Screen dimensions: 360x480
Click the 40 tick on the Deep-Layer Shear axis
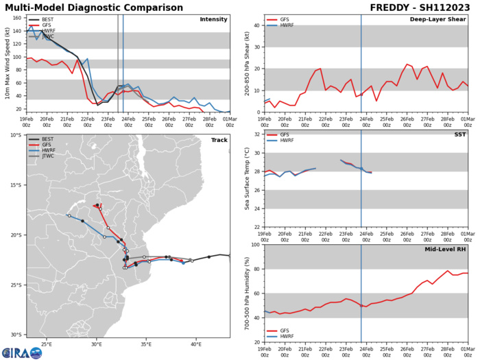pyautogui.click(x=255, y=26)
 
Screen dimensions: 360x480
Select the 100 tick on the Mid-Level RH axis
pyautogui.click(x=254, y=245)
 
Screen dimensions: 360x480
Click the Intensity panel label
pyautogui.click(x=213, y=19)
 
